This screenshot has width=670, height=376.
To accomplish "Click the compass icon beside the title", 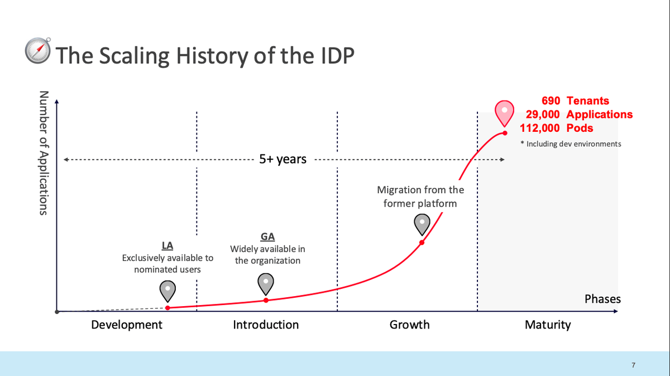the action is tap(38, 51).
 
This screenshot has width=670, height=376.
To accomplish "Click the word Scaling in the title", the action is tap(134, 56).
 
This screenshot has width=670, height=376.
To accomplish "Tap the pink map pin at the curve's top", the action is tap(504, 113).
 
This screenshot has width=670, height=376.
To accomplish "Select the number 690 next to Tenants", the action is tap(551, 101).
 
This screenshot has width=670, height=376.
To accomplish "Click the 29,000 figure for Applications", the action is tap(543, 115).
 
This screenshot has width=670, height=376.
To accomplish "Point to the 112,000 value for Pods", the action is tap(539, 128).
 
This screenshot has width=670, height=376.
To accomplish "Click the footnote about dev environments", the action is tap(571, 144).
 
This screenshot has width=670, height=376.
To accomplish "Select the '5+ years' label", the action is tap(283, 159).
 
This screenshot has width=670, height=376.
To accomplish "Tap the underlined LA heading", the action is tap(167, 245).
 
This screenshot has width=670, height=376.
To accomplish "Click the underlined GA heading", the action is tap(267, 236).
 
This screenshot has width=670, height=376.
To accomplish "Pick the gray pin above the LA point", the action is tap(167, 291).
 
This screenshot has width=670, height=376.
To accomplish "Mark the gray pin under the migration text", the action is tap(422, 225).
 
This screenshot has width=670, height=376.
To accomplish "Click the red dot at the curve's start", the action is tap(168, 308).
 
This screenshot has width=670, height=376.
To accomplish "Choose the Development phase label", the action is tap(127, 325).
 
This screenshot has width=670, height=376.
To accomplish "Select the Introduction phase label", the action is tap(266, 325).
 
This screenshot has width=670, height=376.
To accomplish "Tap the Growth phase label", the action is tap(409, 325).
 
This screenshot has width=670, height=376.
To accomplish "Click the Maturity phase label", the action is tap(548, 325).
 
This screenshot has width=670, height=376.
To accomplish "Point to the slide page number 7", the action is tap(634, 365).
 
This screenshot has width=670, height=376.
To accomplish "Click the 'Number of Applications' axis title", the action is tap(44, 153).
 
